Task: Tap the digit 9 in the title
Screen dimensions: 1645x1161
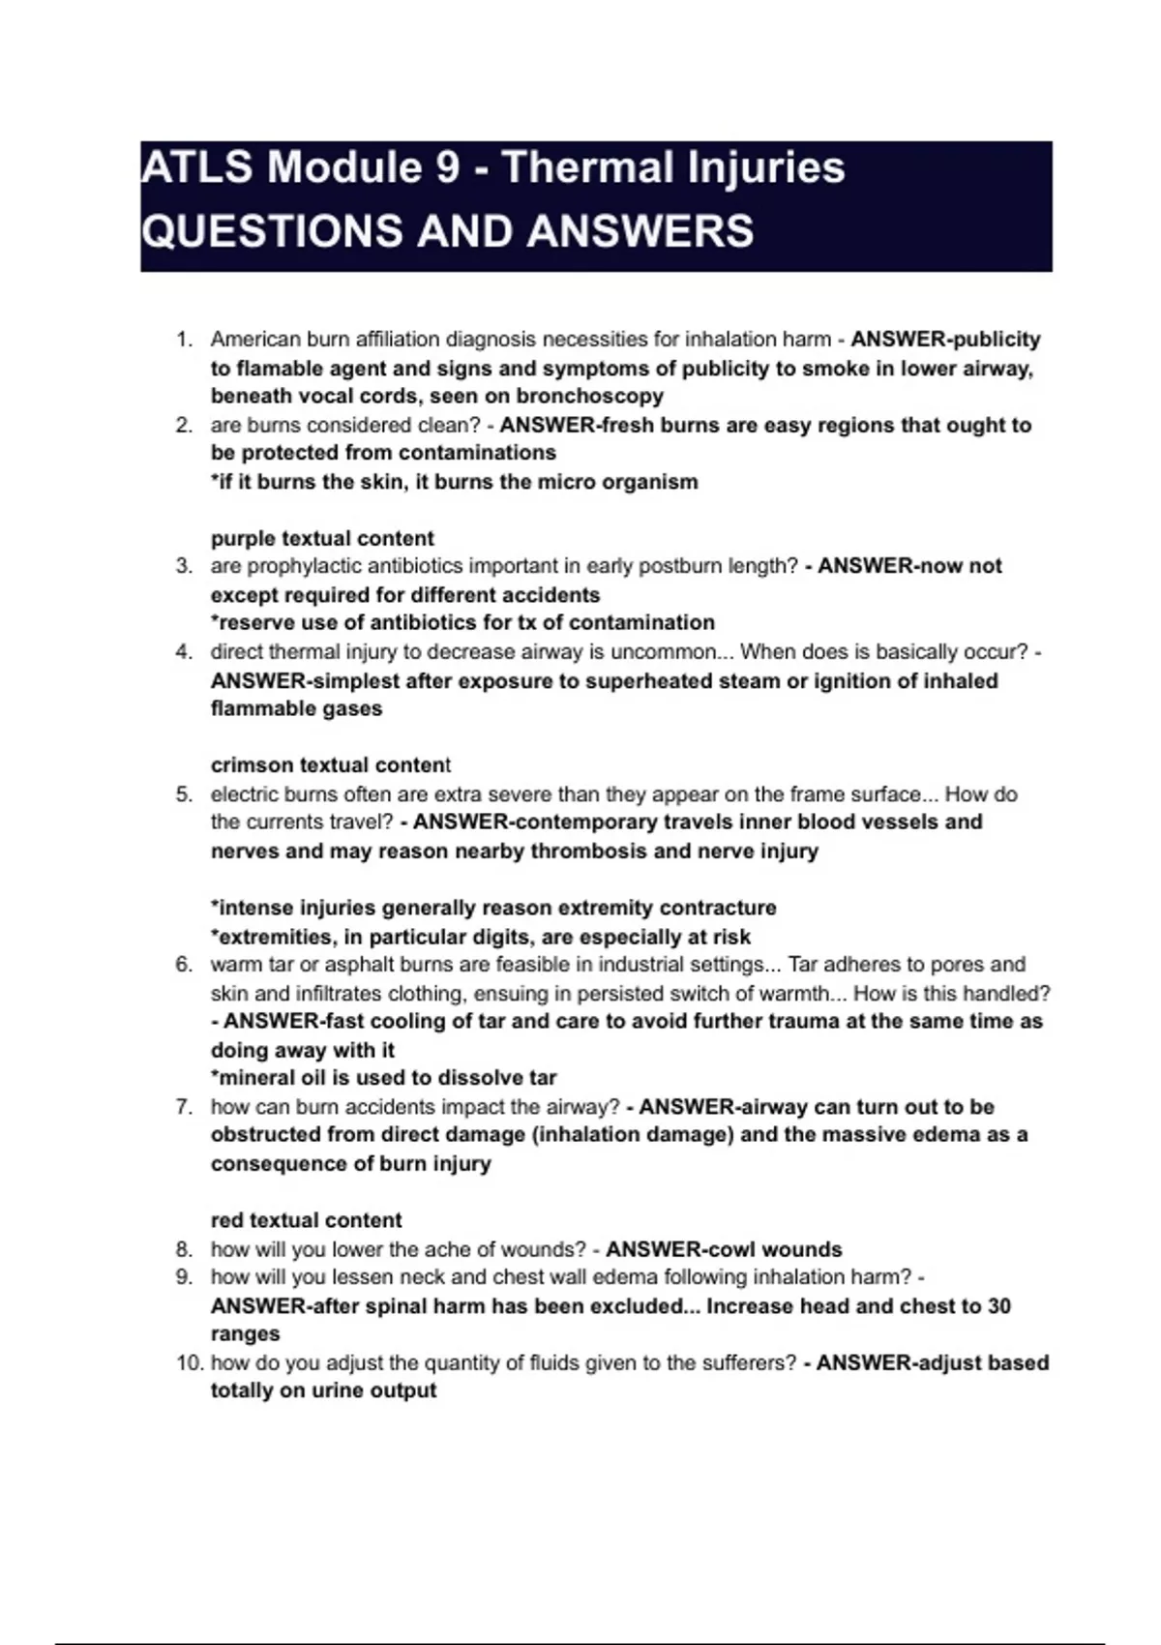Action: (x=447, y=166)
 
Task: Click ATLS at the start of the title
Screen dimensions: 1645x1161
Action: (x=196, y=166)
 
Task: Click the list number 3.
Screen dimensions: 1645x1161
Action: (x=184, y=566)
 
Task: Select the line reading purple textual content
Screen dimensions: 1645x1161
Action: (x=322, y=538)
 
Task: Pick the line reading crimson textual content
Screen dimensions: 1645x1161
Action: (x=331, y=764)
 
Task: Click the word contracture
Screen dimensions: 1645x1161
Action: (x=717, y=908)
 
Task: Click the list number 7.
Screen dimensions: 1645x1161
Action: (x=184, y=1106)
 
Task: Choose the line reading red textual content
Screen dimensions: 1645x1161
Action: (x=306, y=1219)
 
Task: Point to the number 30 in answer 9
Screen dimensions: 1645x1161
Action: (x=998, y=1305)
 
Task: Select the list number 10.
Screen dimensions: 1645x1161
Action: (x=190, y=1362)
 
